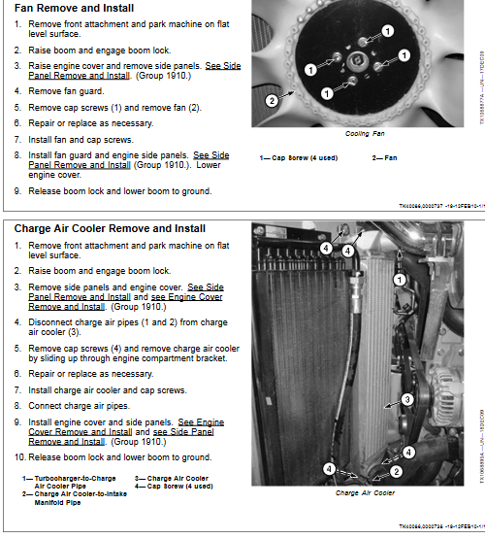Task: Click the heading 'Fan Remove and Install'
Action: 75,9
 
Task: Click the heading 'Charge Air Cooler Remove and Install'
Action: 110,229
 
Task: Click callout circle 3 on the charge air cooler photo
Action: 407,398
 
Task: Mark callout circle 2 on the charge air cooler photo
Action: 397,472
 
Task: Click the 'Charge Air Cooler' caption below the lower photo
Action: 365,492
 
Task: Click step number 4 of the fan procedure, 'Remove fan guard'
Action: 18,91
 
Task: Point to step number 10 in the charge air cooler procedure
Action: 19,456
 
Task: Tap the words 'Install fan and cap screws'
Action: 81,139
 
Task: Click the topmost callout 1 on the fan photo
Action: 387,31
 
